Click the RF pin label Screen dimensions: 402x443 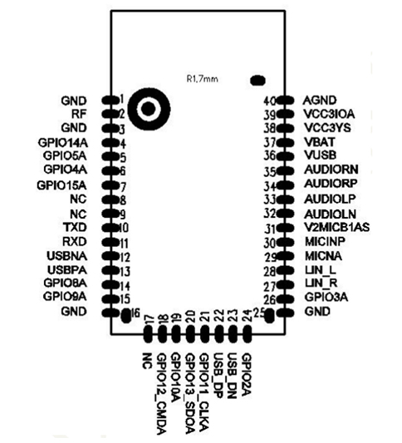tap(79, 114)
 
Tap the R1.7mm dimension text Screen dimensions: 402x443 tap(203, 79)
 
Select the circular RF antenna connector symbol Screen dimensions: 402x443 tap(149, 109)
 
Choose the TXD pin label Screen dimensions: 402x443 tap(75, 227)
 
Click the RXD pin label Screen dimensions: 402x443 tap(75, 242)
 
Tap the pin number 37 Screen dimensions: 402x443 tap(269, 142)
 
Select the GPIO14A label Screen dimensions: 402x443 tap(62, 143)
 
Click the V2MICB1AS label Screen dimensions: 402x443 tap(337, 228)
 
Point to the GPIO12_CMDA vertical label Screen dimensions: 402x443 tap(162, 394)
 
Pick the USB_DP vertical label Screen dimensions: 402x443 tap(219, 376)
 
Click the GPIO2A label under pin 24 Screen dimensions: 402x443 tap(247, 374)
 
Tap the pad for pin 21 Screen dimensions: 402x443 tap(204, 334)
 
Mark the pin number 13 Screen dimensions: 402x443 tap(125, 271)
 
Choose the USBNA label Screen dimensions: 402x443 tap(67, 256)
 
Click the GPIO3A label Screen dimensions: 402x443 tap(326, 298)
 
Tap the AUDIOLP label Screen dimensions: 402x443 tap(330, 199)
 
